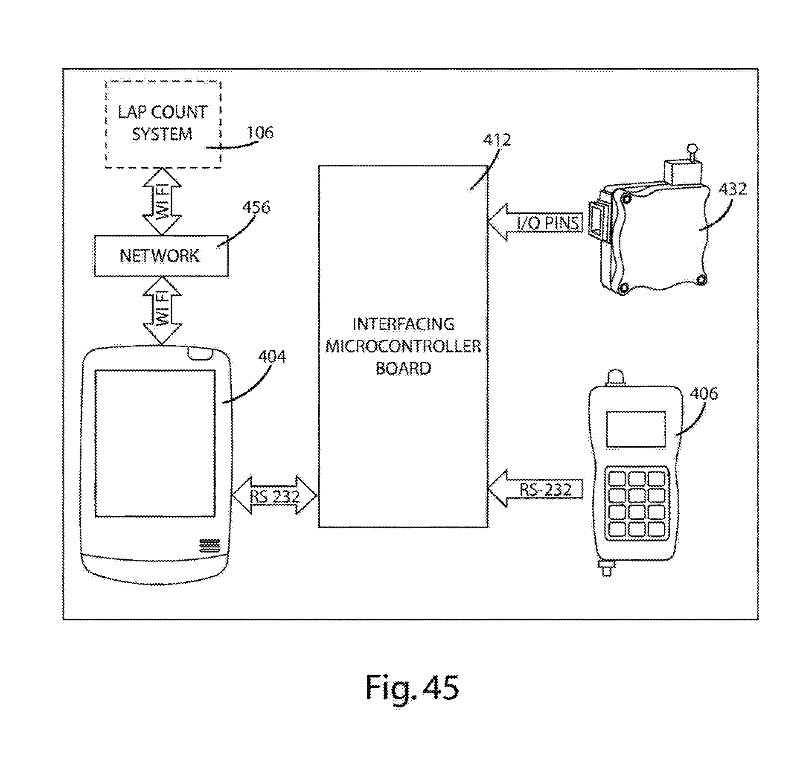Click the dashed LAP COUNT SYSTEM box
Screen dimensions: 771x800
[163, 123]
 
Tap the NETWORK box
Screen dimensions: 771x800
[161, 256]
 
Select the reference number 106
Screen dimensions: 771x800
[260, 133]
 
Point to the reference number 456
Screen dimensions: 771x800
[256, 207]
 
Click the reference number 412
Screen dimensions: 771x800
[497, 140]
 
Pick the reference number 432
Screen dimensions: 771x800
[733, 188]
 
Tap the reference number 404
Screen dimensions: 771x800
[272, 356]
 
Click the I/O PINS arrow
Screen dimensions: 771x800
[535, 222]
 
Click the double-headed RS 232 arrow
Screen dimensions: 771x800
[275, 495]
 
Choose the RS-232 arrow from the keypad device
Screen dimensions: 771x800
[535, 489]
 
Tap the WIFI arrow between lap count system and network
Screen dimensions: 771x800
[162, 201]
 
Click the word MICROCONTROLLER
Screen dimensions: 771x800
[403, 346]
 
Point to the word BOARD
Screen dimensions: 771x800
[403, 368]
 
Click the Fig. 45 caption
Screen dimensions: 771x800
[412, 688]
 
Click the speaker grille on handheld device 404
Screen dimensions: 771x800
[209, 546]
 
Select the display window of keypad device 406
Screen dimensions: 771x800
[636, 429]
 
